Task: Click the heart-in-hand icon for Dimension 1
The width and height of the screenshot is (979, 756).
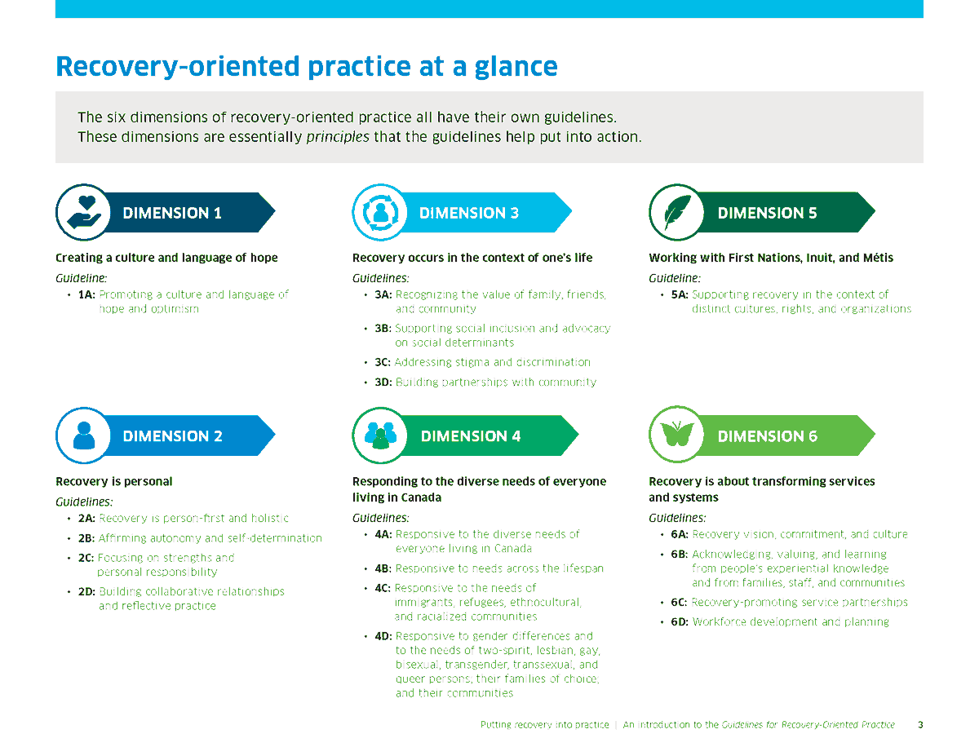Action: (83, 213)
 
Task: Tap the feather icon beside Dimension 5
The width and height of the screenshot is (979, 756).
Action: (676, 213)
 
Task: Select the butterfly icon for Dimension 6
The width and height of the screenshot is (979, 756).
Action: (676, 435)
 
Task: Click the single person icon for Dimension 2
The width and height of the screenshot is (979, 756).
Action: (83, 435)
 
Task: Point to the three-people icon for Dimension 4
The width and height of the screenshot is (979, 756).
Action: (380, 435)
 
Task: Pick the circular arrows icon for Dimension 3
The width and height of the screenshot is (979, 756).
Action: (380, 213)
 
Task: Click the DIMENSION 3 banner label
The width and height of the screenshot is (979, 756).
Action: (468, 214)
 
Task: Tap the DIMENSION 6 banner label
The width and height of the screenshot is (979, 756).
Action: (767, 436)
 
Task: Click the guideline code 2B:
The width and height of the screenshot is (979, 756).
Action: (86, 538)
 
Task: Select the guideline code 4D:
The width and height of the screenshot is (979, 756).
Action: (383, 636)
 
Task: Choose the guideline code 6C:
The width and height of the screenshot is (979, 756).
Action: (679, 603)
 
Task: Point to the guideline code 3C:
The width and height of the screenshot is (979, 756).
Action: (383, 362)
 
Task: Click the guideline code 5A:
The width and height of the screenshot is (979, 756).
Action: (679, 294)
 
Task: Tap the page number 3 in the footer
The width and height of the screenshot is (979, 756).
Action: (920, 725)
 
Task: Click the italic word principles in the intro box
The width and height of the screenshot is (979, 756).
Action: (338, 137)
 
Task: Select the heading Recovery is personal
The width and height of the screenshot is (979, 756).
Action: (114, 481)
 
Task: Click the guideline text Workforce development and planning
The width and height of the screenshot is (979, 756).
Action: (791, 622)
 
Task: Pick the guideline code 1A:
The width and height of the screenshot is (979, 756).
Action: (86, 294)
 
